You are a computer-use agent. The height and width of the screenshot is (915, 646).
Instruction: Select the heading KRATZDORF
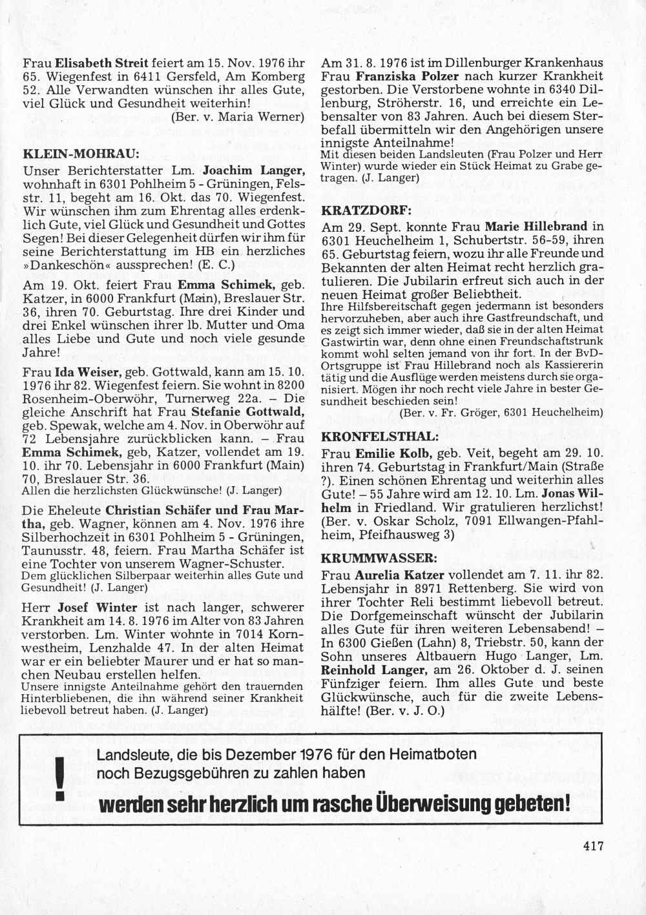(x=365, y=211)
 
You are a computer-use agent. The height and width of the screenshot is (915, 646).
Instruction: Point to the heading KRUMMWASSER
(x=375, y=557)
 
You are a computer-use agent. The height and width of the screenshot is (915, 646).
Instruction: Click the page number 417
(x=592, y=845)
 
